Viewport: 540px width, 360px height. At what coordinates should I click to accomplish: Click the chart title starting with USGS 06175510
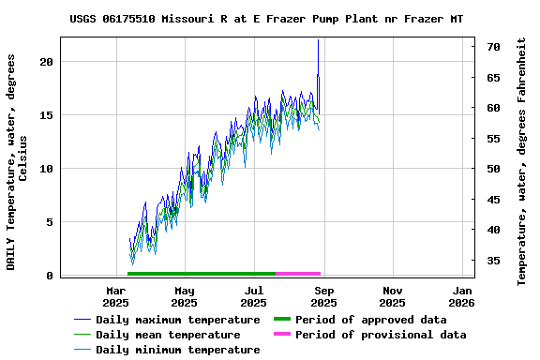266,19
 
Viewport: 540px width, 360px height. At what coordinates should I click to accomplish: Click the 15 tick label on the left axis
47,115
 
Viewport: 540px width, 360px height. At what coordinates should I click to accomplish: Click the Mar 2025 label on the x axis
115,296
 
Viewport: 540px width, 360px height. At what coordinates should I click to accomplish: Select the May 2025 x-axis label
185,296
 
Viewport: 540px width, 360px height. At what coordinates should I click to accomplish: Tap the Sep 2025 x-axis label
323,296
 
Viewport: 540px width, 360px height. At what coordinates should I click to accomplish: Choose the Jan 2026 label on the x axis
461,296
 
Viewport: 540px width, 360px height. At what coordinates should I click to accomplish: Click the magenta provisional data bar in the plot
298,274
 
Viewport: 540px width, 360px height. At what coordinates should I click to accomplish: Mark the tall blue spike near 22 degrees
319,42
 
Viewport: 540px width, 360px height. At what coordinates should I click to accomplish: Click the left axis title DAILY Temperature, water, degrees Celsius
17,161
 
